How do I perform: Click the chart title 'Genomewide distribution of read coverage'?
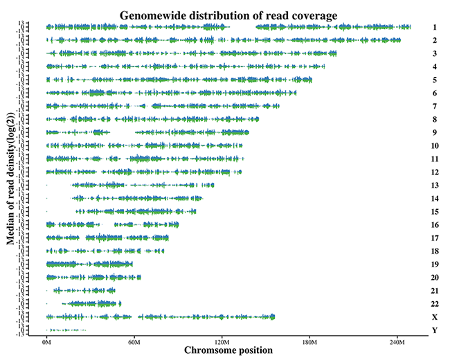coord(228,15)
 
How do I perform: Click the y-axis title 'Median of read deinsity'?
coord(10,181)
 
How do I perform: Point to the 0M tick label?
coord(46,341)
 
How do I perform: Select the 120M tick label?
coord(222,341)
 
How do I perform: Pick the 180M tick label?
coord(309,341)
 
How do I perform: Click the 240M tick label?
coord(397,341)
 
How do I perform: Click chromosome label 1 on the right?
coord(434,28)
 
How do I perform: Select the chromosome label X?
coord(434,317)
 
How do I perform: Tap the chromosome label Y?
coord(434,330)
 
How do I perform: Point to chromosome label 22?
coord(434,304)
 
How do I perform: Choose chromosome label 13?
coord(434,186)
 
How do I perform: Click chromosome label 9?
coord(434,133)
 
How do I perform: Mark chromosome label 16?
coord(434,225)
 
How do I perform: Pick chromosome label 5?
coord(434,80)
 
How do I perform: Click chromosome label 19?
coord(434,264)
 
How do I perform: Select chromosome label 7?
coord(434,107)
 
